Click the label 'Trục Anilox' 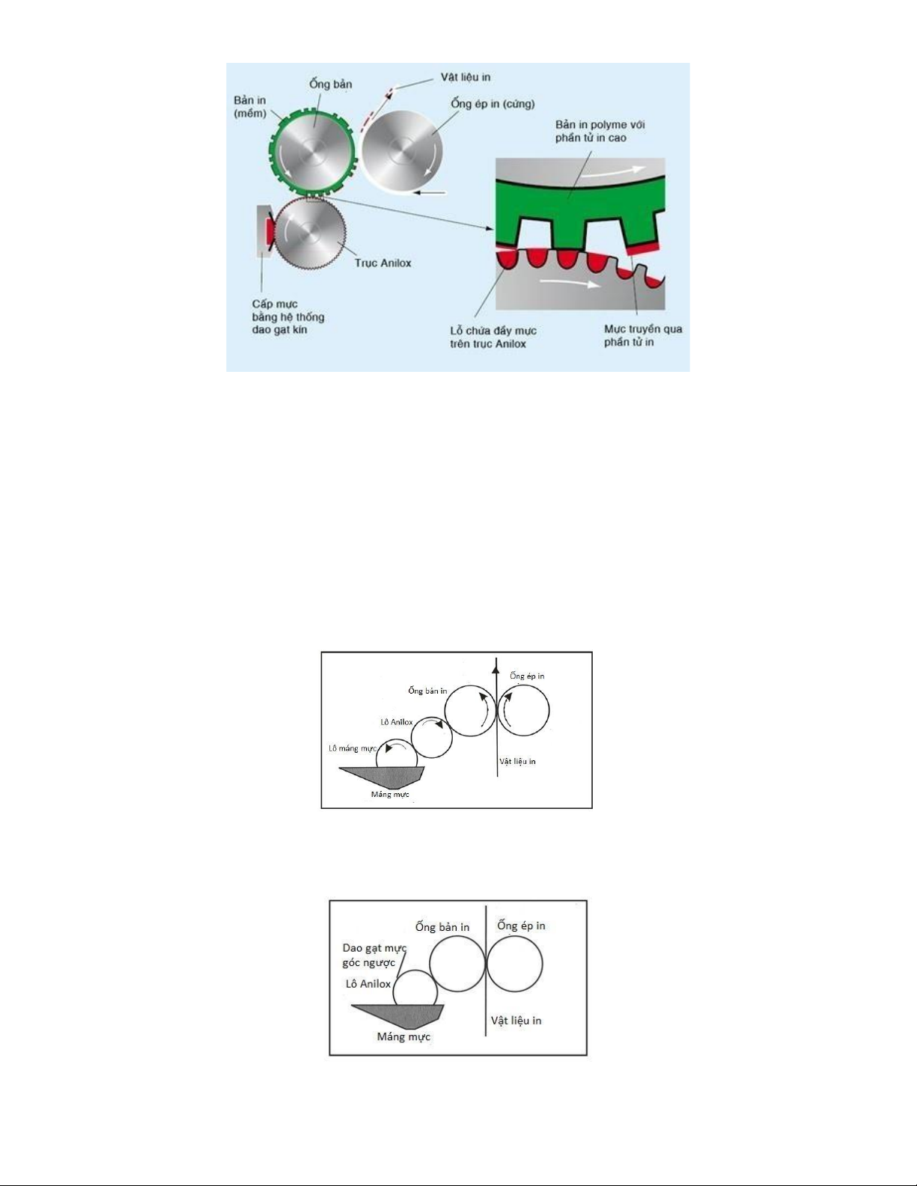(x=383, y=263)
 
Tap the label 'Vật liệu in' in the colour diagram (x=466, y=78)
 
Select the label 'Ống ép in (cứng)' (x=493, y=104)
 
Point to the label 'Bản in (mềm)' (x=250, y=107)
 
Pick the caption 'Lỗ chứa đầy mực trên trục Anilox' (x=493, y=337)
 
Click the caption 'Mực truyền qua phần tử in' (x=642, y=336)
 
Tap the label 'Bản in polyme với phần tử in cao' (x=600, y=131)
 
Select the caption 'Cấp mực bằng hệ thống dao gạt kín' (x=287, y=317)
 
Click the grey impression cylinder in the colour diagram (x=402, y=150)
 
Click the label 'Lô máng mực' (x=352, y=748)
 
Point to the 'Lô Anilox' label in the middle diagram (x=396, y=722)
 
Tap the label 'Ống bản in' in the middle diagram (x=427, y=691)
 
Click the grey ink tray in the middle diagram (x=382, y=776)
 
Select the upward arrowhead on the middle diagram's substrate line (x=496, y=665)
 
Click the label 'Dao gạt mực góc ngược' (x=374, y=955)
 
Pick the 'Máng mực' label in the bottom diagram (x=403, y=1037)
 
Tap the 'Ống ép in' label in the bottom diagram (x=521, y=926)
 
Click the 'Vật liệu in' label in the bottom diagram (x=516, y=1020)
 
